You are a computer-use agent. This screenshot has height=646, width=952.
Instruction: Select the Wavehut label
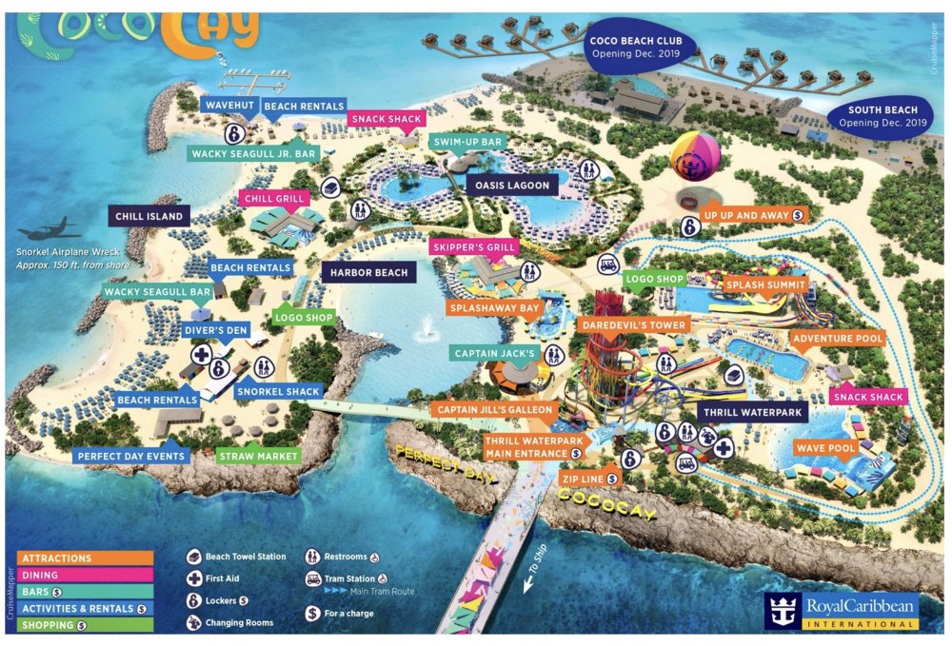tap(228, 106)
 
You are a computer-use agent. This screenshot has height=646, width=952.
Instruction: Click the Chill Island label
tap(149, 217)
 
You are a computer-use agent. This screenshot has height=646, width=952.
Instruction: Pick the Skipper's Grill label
tap(474, 247)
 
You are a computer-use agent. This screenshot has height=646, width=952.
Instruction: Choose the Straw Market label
tap(259, 456)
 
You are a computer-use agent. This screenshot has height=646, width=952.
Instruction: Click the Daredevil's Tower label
tap(631, 325)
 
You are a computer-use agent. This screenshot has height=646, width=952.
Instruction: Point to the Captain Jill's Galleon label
tap(494, 410)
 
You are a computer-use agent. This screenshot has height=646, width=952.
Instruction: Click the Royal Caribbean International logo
tap(843, 609)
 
